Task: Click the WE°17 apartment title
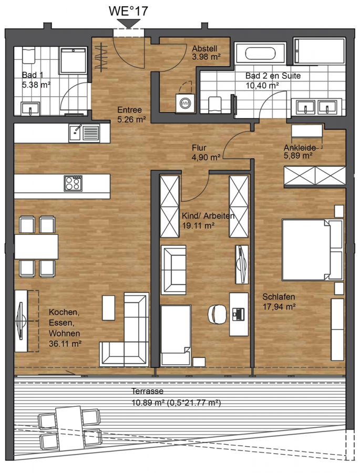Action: tap(128, 11)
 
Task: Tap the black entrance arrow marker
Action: tap(129, 24)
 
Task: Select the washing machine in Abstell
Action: tap(185, 103)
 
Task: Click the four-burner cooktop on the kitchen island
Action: tap(73, 183)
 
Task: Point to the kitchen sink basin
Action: tap(75, 133)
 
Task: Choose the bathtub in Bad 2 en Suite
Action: tap(260, 54)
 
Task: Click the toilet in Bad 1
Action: tap(29, 56)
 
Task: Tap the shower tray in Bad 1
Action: tap(74, 60)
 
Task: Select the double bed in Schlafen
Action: tap(313, 250)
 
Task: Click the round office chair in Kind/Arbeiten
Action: tap(217, 314)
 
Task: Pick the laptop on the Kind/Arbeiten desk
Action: tap(239, 314)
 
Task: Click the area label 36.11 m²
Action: tap(65, 343)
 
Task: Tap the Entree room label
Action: tap(129, 110)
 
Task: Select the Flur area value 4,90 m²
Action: tap(206, 157)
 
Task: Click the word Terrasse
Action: tap(147, 391)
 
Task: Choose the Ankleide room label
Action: tap(300, 148)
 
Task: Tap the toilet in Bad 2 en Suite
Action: tap(215, 105)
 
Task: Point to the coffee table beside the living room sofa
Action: tap(109, 307)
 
